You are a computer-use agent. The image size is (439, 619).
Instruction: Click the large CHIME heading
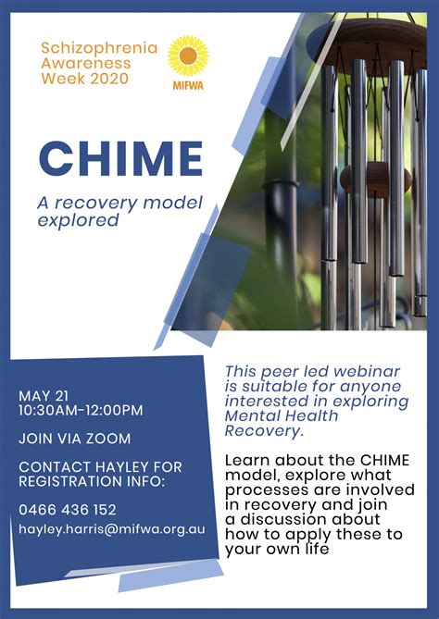coord(120,158)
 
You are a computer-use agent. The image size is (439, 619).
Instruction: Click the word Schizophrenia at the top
coord(99,48)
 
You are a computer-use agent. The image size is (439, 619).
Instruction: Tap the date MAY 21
coord(44,396)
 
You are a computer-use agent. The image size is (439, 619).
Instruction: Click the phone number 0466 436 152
coord(68,509)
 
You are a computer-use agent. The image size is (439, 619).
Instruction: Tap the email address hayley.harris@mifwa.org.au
coord(112,529)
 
